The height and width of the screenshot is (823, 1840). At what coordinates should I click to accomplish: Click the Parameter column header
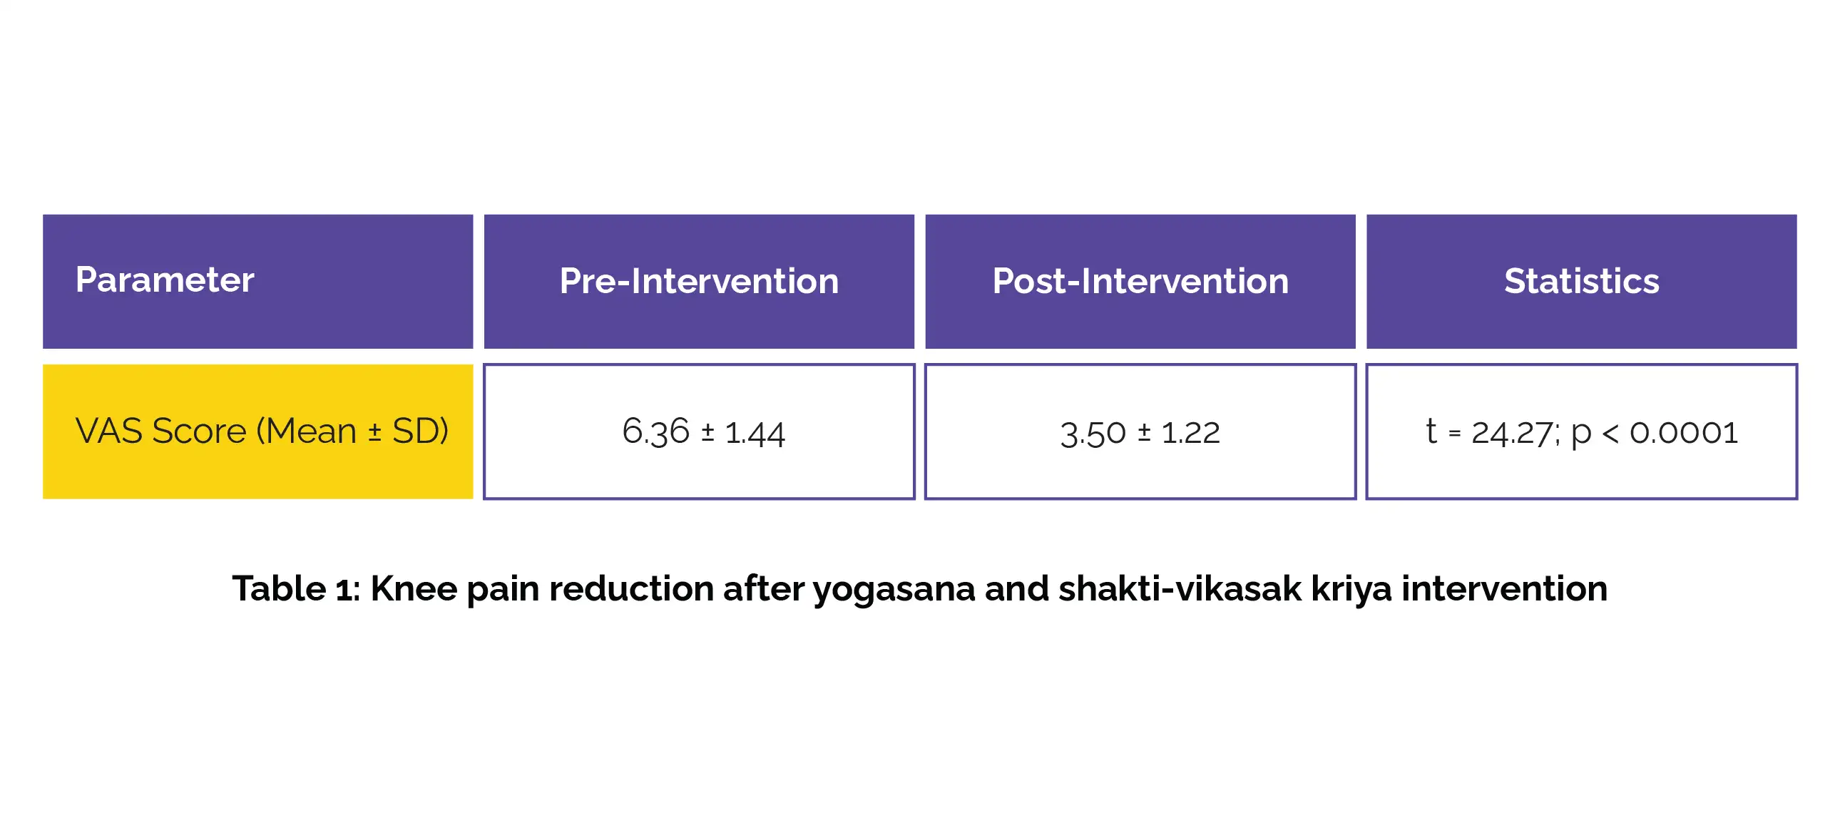tap(165, 280)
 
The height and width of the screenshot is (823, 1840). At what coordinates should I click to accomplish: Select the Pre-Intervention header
tap(699, 281)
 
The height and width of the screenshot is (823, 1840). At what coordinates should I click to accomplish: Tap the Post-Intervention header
tap(1140, 281)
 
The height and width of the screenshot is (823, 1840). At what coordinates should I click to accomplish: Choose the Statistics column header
tap(1581, 281)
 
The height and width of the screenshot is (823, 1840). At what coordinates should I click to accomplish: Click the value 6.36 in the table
tap(655, 431)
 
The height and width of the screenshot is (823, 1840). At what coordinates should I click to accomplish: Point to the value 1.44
tap(755, 433)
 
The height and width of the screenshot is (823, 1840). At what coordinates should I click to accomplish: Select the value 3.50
tap(1093, 433)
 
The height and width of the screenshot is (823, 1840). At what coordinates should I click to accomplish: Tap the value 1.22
tap(1191, 432)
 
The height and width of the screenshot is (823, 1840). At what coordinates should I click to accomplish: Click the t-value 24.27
tap(1511, 432)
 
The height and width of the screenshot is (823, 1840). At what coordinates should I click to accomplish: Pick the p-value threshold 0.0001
tap(1684, 432)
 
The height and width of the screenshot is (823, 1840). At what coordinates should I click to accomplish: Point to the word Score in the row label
tap(199, 431)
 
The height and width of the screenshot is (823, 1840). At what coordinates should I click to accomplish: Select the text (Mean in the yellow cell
tap(307, 431)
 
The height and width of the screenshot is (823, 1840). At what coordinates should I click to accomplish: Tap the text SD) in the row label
tap(420, 431)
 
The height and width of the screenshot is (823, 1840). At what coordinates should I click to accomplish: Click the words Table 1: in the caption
tap(297, 588)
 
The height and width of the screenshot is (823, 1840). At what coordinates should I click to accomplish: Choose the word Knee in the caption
tap(414, 588)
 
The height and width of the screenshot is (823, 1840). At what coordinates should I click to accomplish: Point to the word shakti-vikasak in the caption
tap(1180, 588)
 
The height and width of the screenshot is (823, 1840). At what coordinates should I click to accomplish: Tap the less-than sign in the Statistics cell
tap(1610, 433)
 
